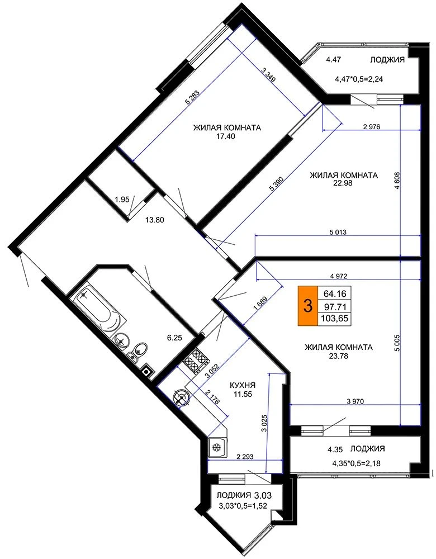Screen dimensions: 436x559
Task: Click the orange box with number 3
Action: (307, 306)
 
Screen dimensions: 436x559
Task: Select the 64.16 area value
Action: (335, 294)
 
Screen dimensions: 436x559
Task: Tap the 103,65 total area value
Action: (335, 319)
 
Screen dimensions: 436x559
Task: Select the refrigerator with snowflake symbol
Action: (216, 447)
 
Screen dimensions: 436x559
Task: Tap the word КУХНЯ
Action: (243, 385)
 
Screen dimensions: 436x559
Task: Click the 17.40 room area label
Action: (227, 136)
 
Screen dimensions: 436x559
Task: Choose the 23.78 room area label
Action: (338, 356)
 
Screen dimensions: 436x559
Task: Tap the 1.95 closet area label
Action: (122, 200)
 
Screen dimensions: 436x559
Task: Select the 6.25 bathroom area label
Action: (175, 338)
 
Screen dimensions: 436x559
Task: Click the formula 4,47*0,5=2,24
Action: (358, 79)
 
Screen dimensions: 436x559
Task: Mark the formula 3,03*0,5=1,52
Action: (245, 505)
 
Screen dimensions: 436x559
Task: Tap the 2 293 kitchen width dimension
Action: (245, 457)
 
